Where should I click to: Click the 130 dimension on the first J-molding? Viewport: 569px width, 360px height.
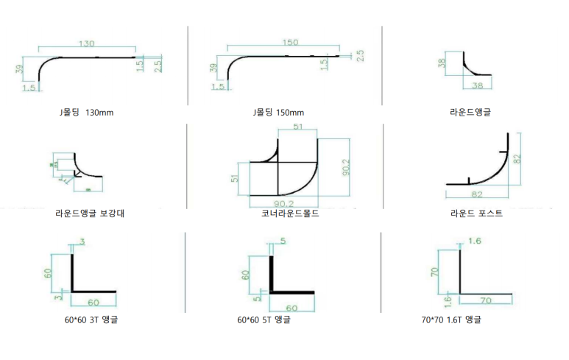[x=86, y=44]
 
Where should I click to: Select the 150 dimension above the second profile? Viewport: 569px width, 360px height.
[x=291, y=42]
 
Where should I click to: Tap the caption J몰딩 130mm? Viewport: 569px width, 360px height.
[x=86, y=113]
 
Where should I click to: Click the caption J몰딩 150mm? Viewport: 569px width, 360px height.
[x=278, y=113]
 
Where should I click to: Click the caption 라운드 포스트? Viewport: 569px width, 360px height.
[x=477, y=214]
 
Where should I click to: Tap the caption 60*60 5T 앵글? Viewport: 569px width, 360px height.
[x=264, y=320]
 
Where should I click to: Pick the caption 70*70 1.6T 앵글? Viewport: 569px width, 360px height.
[x=452, y=320]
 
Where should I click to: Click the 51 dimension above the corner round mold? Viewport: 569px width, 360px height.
[x=298, y=127]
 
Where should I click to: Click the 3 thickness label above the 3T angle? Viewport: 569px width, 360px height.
[x=82, y=241]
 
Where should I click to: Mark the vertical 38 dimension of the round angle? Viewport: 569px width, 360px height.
[x=442, y=63]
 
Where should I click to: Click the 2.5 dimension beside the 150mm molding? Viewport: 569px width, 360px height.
[x=361, y=56]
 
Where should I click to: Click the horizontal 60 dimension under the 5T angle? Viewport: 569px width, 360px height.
[x=291, y=308]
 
